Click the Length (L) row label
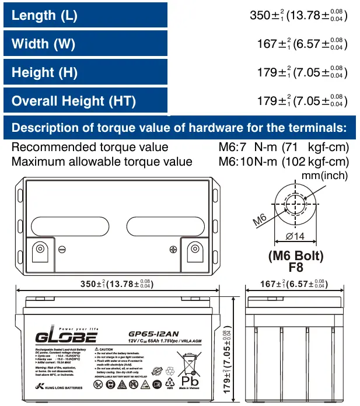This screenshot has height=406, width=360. (44, 15)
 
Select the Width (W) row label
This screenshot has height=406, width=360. (43, 44)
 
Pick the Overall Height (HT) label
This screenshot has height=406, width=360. (74, 101)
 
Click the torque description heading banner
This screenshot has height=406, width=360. (179, 127)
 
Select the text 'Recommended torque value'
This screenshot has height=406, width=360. (90, 147)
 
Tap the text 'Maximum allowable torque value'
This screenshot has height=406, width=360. (102, 161)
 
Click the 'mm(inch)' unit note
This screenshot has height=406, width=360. (325, 175)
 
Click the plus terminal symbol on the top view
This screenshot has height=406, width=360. (173, 249)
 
